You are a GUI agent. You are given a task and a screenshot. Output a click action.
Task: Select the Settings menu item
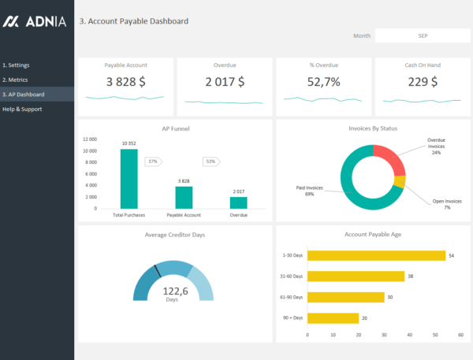click(17, 65)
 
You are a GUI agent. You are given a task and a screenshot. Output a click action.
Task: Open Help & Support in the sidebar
click(22, 109)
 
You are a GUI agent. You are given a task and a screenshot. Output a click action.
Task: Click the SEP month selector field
click(423, 35)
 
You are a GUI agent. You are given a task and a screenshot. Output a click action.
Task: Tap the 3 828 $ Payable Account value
click(125, 81)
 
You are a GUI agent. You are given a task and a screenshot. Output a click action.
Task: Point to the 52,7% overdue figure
click(323, 81)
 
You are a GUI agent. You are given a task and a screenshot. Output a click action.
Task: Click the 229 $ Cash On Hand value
click(422, 81)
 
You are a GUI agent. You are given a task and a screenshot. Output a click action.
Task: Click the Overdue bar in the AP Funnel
click(238, 202)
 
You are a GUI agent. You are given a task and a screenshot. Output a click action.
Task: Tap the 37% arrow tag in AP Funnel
click(153, 161)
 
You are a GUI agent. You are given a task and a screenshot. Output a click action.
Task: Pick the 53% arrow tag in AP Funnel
click(210, 161)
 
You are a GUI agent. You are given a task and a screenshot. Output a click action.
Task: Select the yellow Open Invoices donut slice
click(400, 183)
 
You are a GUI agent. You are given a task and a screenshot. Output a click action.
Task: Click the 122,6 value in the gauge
click(175, 291)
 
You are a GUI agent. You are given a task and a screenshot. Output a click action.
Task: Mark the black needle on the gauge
click(158, 271)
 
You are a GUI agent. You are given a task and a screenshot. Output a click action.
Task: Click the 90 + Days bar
click(332, 318)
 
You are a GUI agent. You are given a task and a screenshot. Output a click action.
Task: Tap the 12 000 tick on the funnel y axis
click(89, 139)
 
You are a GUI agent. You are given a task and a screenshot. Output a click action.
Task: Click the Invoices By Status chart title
click(373, 128)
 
